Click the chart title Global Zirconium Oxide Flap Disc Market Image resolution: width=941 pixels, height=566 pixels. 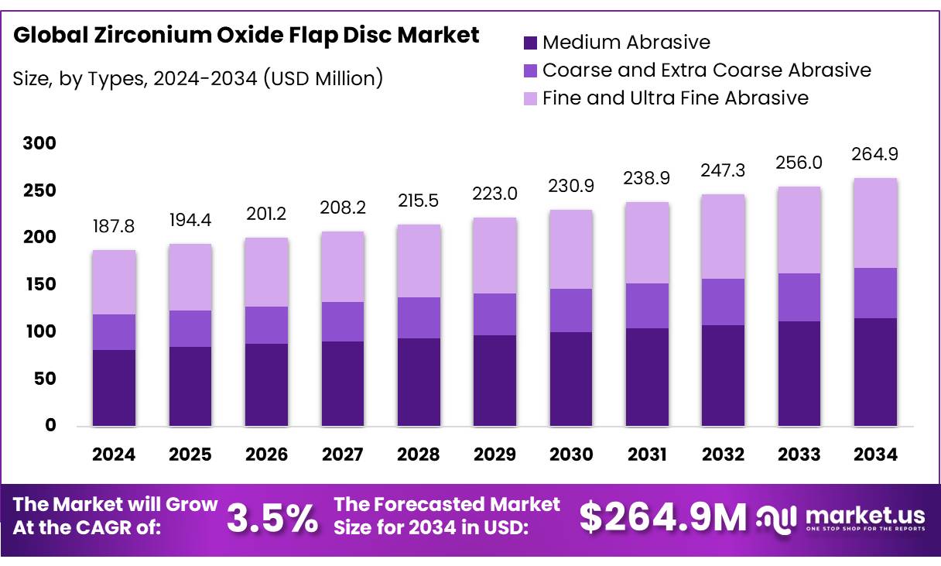(x=246, y=36)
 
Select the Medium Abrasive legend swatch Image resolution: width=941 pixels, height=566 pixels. (x=530, y=43)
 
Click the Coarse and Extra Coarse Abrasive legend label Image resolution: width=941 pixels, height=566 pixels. (x=707, y=70)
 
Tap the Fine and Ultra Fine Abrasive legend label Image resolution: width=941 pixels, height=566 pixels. (x=675, y=98)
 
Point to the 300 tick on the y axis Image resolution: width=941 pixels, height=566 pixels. (x=39, y=143)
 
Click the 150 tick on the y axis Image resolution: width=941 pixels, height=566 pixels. (x=39, y=284)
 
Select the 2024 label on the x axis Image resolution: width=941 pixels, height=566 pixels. (x=114, y=455)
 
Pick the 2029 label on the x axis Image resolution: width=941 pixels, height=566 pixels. (x=495, y=455)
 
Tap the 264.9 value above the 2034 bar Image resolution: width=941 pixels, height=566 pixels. (x=875, y=155)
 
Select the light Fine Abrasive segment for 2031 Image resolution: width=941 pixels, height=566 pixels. (x=648, y=242)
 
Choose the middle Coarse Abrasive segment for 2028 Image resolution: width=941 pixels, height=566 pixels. (x=419, y=317)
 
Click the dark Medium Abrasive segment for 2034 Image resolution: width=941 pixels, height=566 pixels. (x=875, y=372)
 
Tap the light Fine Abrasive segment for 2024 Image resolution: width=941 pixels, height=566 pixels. (x=114, y=283)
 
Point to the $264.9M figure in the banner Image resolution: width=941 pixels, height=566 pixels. (x=663, y=518)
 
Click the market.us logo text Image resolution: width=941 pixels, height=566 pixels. (x=864, y=515)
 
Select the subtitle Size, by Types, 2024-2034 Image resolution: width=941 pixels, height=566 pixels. (x=197, y=78)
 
